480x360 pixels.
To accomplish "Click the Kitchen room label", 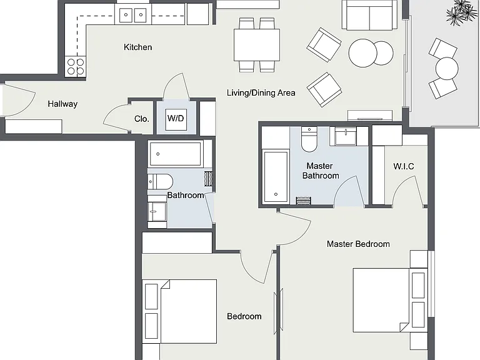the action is click(137, 47).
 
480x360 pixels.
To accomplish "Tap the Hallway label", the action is click(62, 104).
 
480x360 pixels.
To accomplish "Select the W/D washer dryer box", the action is click(176, 119).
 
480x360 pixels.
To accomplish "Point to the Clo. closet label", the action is click(142, 119).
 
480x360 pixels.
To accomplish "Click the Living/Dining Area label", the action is click(261, 92).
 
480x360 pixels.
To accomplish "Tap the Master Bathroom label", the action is click(321, 171).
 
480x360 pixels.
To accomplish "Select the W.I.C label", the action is click(404, 166).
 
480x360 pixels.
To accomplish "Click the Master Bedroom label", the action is click(358, 244).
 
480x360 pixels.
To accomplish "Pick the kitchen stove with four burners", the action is click(76, 66).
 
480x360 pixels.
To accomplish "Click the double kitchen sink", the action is click(133, 14).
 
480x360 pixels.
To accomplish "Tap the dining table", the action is click(257, 45).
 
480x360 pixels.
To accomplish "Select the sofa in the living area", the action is click(370, 15).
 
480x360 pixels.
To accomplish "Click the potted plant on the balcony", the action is click(462, 12).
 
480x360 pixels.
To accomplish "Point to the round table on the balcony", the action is click(447, 68).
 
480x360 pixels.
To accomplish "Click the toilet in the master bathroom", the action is click(309, 139).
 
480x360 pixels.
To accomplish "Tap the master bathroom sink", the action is click(346, 136).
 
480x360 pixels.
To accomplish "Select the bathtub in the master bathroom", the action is click(276, 176).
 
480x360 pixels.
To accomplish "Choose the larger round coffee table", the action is click(362, 53).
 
